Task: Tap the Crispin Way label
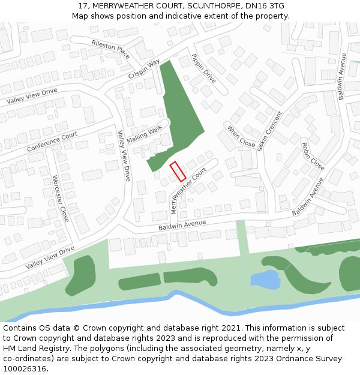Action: pyautogui.click(x=144, y=69)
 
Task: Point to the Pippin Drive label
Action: pyautogui.click(x=203, y=68)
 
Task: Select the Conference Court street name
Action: pyautogui.click(x=52, y=142)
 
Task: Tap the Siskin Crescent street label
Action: pyautogui.click(x=269, y=131)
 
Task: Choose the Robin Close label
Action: pyautogui.click(x=313, y=156)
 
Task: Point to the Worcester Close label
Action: pyautogui.click(x=61, y=198)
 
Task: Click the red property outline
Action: pyautogui.click(x=177, y=172)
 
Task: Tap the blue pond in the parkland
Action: pyautogui.click(x=265, y=280)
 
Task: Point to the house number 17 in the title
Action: pyautogui.click(x=83, y=6)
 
